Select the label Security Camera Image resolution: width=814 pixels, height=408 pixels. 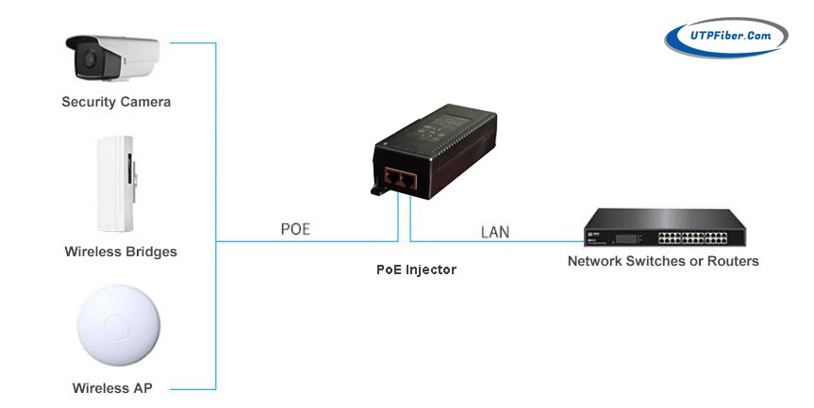116,101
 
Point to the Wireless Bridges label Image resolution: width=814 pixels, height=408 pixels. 121,252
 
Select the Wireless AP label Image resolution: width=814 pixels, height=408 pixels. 113,387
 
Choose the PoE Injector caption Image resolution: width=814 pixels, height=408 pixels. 416,269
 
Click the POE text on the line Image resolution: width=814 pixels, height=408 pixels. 295,229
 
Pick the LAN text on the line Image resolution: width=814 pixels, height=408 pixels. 495,231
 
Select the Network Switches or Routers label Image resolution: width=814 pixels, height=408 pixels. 662,261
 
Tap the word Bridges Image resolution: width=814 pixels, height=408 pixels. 149,252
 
